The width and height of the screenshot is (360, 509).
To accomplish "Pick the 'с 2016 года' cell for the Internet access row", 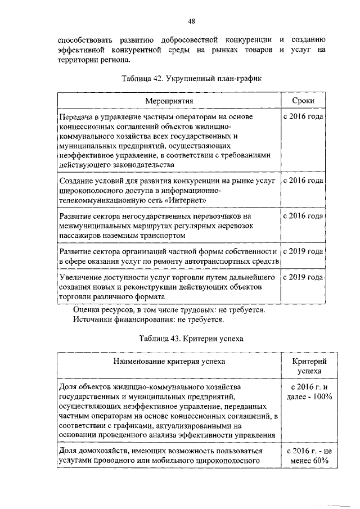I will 303,181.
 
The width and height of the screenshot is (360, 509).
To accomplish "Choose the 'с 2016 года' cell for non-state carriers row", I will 303,216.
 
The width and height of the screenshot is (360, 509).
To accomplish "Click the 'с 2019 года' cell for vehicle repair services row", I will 303,251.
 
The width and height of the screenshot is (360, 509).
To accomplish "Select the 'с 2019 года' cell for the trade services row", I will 303,278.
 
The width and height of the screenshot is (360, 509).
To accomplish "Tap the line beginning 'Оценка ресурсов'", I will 169,309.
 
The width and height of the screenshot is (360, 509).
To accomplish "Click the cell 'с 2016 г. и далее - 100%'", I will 307,392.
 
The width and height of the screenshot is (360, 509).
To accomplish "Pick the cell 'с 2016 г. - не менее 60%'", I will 307,457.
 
